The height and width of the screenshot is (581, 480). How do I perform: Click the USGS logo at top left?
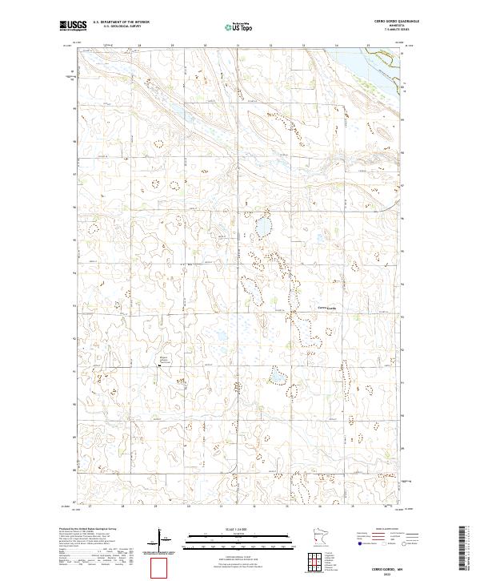point(73,26)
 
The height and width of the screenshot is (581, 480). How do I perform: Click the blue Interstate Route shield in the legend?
point(357,543)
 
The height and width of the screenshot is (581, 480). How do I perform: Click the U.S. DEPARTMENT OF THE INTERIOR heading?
point(121,22)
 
